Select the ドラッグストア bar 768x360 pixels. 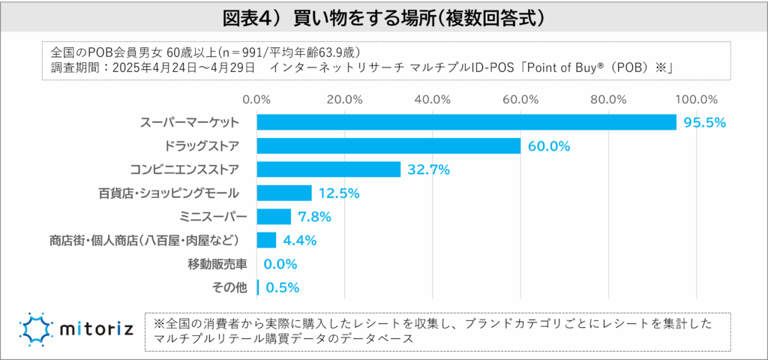click(388, 145)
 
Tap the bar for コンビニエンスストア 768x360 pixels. click(328, 169)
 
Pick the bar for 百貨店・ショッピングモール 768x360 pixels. click(284, 193)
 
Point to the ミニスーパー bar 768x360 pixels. click(274, 217)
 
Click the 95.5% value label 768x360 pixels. click(704, 122)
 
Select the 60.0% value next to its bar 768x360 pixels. click(549, 146)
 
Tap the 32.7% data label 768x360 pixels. click(428, 169)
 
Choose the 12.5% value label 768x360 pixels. click(339, 193)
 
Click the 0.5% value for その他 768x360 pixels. click(283, 287)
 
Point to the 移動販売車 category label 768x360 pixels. click(213, 264)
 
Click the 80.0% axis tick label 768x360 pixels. click(608, 99)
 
